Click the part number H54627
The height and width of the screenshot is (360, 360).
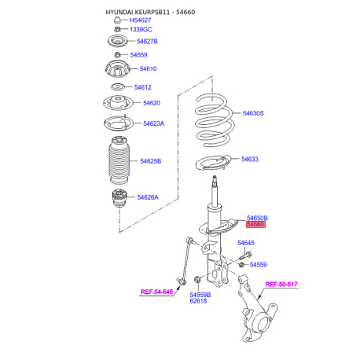[140, 20]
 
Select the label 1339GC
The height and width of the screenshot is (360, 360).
[141, 30]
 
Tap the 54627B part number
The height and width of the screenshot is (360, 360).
[147, 42]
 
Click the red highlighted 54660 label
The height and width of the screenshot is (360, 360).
[255, 225]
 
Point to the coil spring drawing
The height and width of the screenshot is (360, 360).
[215, 120]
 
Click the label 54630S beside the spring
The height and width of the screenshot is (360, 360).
[253, 113]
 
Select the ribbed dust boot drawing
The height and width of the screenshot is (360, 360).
[119, 160]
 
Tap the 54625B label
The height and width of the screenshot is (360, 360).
[151, 161]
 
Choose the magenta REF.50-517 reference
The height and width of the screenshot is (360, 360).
[281, 285]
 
